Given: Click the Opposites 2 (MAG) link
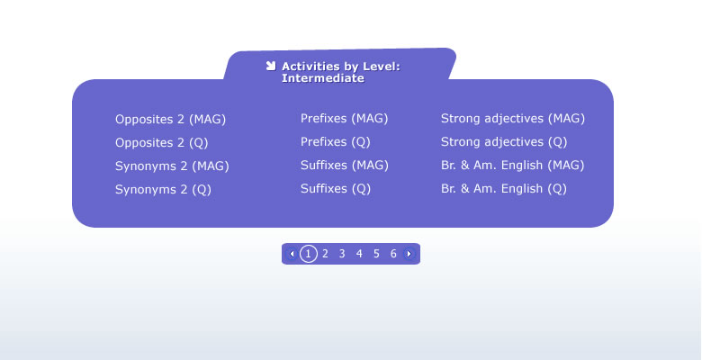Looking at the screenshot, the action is point(171,120).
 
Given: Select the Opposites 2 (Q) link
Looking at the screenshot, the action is point(162,143).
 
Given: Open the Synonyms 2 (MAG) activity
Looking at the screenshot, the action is point(172,166).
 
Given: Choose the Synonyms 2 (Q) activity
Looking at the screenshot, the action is point(163,189).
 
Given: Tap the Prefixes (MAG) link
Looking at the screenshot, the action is point(345,119).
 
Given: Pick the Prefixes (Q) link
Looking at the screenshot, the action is point(336,142).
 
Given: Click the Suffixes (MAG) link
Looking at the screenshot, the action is point(345,166).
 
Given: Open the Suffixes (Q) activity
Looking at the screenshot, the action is point(336,188).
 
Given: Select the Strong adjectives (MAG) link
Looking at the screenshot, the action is point(513,119).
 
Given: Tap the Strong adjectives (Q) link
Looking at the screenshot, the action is point(504,142).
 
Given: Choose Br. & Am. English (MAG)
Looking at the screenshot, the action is point(513,166).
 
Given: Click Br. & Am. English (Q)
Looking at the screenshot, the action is point(504,188).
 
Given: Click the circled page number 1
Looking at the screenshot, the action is point(308,254).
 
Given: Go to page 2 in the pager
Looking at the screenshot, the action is point(325,254).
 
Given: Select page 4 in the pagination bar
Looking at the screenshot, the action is point(359,254).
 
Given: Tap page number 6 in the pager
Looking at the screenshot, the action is point(393,254).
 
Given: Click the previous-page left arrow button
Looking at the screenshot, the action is point(292,254).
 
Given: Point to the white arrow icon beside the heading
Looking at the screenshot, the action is point(270,66).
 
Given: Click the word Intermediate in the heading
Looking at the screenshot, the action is point(323,78).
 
